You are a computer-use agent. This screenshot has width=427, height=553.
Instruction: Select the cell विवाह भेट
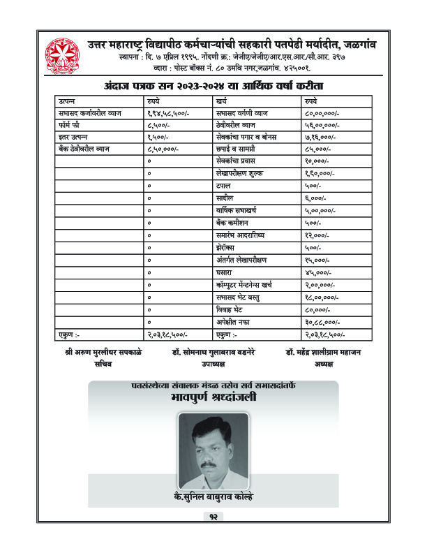(x=230, y=309)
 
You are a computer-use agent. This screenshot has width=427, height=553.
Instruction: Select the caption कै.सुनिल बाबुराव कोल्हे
(x=212, y=496)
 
